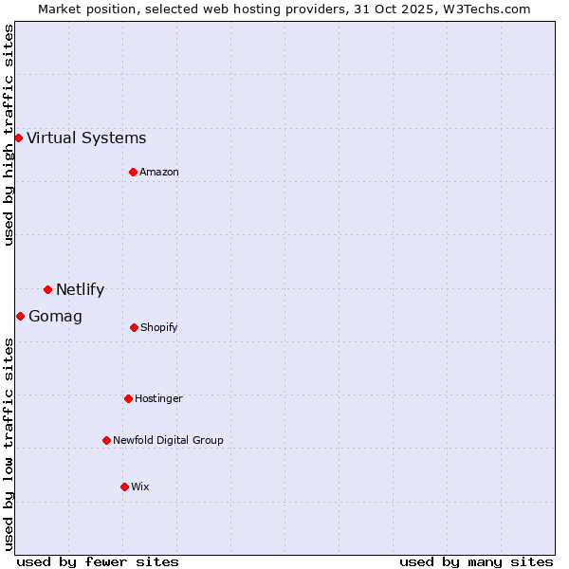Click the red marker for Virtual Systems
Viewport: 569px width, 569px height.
point(18,138)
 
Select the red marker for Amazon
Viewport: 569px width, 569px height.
point(133,172)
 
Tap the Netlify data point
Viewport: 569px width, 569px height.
point(47,289)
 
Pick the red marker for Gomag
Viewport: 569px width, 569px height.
point(20,316)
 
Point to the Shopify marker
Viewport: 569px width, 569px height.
point(134,327)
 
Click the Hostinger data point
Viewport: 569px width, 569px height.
point(128,398)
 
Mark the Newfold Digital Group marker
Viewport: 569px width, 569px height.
point(106,440)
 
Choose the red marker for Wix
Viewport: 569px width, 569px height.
point(124,486)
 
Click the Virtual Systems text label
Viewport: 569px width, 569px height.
point(86,138)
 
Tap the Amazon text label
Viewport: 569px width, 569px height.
point(159,173)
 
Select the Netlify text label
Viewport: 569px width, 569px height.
point(80,290)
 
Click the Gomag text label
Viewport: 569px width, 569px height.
point(55,317)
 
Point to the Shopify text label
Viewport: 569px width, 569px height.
point(159,328)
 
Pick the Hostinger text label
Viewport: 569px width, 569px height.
point(158,399)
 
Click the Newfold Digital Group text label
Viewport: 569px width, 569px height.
point(168,441)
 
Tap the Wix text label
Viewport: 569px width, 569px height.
point(140,487)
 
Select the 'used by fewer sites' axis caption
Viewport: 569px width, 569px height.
point(98,561)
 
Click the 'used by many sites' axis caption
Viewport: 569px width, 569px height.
point(476,561)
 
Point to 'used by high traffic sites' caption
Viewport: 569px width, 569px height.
point(9,136)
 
